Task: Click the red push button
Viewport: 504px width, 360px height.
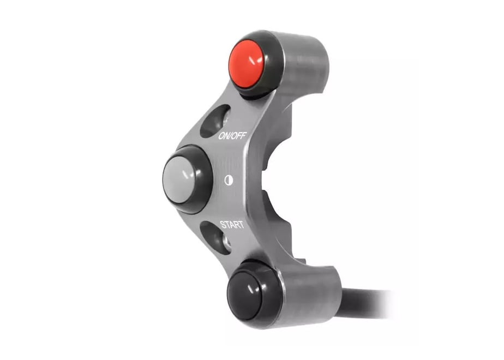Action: coord(246,64)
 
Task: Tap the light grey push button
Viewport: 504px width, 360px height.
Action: coord(179,179)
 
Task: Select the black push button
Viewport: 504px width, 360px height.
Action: coord(245,295)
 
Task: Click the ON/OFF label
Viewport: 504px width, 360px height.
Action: coord(232,136)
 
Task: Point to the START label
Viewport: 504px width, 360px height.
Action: coord(232,225)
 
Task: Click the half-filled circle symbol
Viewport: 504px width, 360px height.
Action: coord(229,181)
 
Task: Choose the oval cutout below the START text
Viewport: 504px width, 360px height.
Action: coord(215,238)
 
